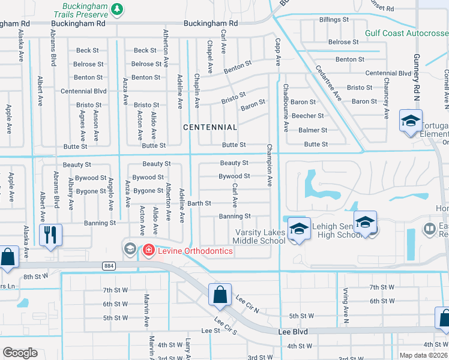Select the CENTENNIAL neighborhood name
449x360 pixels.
(x=209, y=127)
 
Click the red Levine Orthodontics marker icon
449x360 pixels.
(x=148, y=250)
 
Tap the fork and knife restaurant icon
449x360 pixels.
(x=50, y=235)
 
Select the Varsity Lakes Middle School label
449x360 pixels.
(x=259, y=237)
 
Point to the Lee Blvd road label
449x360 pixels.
(x=292, y=331)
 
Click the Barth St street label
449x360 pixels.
(x=199, y=203)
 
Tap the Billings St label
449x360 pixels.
(x=330, y=20)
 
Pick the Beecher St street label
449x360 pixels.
(x=307, y=116)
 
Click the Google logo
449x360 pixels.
(x=20, y=353)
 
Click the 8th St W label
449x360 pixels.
(x=35, y=277)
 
